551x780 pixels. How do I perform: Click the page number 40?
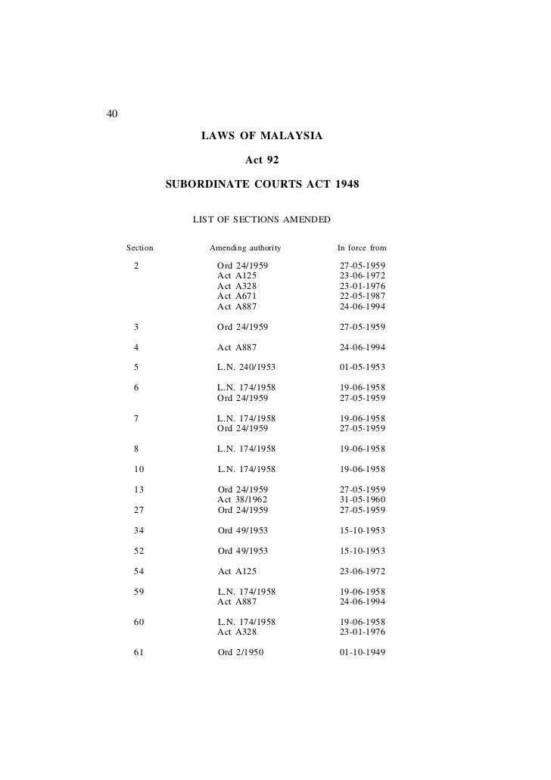pos(111,115)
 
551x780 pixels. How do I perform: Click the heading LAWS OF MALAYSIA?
pos(261,137)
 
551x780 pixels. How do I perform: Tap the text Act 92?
pos(262,160)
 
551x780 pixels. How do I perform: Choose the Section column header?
pos(140,247)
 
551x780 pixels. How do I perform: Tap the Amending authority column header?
pos(245,247)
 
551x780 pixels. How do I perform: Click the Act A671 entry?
pos(237,297)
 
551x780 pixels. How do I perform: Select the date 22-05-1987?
pos(363,297)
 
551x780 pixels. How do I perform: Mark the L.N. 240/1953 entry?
pos(246,368)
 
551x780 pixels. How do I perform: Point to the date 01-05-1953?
pos(363,368)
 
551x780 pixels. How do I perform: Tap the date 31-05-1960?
pos(363,500)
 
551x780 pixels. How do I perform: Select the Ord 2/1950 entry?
pos(241,653)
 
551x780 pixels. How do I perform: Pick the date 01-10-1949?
pos(363,653)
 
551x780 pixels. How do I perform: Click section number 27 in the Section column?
pos(139,510)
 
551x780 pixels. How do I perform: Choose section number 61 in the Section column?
pos(139,653)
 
